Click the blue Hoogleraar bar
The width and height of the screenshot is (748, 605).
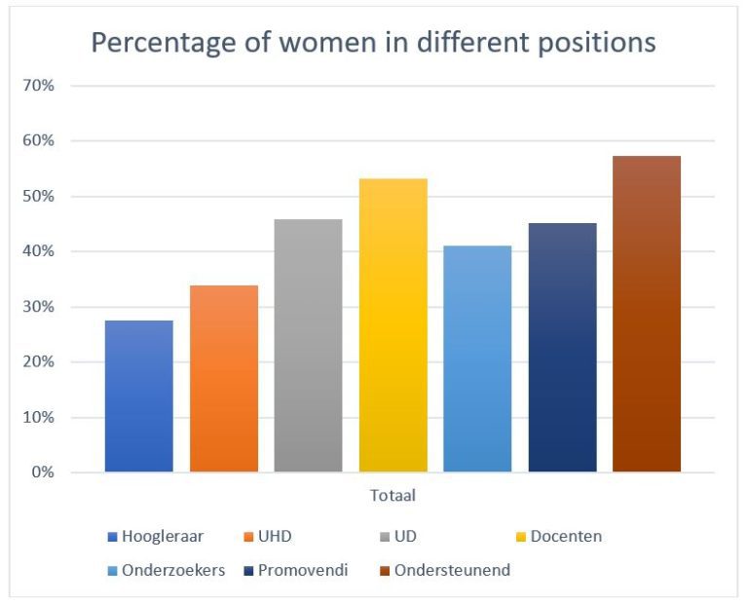click(138, 397)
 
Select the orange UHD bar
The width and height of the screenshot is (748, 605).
click(224, 379)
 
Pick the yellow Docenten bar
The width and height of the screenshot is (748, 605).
click(393, 325)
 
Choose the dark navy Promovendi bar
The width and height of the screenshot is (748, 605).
click(562, 348)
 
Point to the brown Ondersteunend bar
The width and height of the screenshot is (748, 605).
click(647, 314)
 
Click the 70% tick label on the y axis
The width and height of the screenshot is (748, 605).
click(38, 86)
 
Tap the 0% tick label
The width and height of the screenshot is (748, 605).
click(42, 473)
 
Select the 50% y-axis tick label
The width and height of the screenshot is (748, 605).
click(38, 196)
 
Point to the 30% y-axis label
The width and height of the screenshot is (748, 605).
click(38, 307)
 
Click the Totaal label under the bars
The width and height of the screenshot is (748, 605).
click(393, 496)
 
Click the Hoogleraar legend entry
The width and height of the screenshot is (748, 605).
click(162, 536)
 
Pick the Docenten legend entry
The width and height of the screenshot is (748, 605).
click(565, 536)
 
